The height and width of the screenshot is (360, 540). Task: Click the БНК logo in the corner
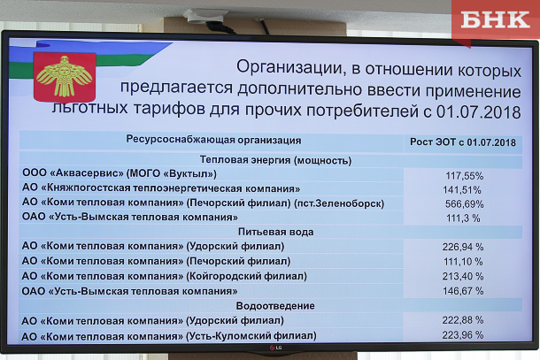point(495,19)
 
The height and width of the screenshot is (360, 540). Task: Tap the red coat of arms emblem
point(65,76)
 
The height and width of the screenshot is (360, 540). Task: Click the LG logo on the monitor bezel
point(275,348)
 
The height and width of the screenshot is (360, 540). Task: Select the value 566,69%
point(464,204)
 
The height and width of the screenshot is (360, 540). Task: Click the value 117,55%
point(465,176)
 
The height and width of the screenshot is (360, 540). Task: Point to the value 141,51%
point(462,190)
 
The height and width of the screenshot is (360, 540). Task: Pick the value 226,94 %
point(463,247)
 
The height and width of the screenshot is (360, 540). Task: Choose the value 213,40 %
point(463,276)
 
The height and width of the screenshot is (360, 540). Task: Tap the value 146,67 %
point(463,291)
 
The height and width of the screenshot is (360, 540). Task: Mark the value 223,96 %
point(463,334)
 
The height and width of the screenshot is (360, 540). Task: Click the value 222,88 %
point(463,320)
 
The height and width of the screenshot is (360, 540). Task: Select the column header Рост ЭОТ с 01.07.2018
point(463,142)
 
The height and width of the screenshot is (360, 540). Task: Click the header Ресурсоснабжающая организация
point(213,140)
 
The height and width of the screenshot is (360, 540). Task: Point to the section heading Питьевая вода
point(276,232)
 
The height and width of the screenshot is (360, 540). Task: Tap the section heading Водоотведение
point(275,306)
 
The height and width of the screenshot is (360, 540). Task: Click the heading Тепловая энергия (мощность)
point(275,160)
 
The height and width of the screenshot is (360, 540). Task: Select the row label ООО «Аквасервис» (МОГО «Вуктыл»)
point(120,173)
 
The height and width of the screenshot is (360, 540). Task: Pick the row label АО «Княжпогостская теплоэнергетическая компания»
point(161,188)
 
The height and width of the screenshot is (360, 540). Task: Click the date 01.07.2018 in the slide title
point(479,112)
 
